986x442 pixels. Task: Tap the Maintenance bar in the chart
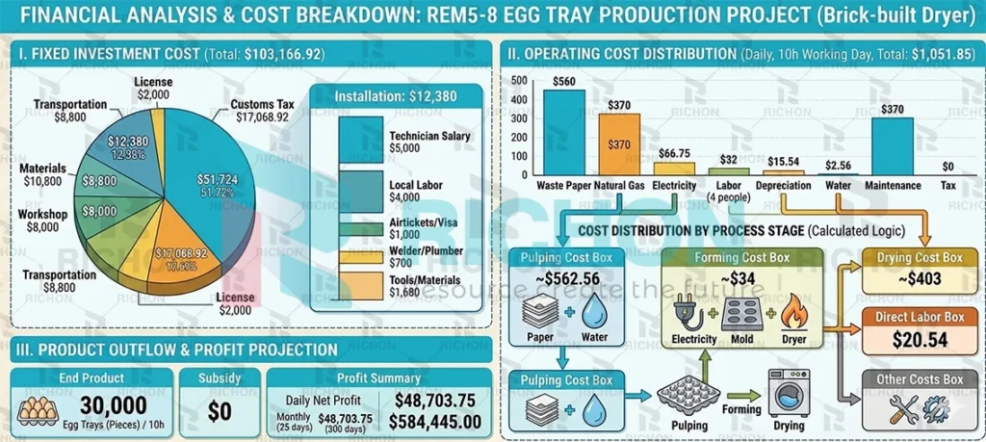pyautogui.click(x=893, y=144)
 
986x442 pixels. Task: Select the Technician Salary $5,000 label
pyautogui.click(x=429, y=143)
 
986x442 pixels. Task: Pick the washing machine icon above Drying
pyautogui.click(x=789, y=392)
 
